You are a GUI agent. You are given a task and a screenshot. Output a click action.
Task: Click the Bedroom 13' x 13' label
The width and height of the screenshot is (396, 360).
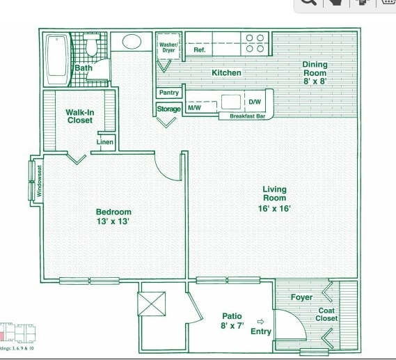click(x=113, y=217)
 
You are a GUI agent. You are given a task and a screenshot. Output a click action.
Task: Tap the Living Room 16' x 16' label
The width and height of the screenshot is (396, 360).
click(x=274, y=198)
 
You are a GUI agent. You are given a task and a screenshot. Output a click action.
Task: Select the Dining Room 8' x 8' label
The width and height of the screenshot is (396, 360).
click(x=314, y=72)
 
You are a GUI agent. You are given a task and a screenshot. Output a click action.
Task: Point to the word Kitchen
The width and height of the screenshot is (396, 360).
click(x=226, y=72)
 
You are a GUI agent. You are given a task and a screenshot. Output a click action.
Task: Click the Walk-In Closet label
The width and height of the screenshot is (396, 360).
click(x=80, y=116)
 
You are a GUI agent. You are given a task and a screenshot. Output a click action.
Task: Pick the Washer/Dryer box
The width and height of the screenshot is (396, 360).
click(x=168, y=47)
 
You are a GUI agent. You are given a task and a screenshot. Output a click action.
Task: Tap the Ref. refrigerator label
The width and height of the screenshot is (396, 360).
click(x=199, y=50)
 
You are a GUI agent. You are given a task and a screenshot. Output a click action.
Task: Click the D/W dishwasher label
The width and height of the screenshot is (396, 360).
click(x=255, y=102)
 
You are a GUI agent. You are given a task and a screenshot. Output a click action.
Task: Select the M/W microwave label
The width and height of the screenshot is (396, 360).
click(x=193, y=108)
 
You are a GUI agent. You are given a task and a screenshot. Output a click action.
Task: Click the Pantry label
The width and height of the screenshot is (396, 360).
click(x=169, y=93)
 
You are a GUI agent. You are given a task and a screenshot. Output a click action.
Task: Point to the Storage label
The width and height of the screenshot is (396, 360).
click(x=168, y=109)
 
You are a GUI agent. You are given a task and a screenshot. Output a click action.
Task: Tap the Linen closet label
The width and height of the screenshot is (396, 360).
click(x=105, y=142)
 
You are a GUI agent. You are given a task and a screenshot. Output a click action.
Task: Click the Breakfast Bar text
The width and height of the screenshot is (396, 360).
click(x=248, y=116)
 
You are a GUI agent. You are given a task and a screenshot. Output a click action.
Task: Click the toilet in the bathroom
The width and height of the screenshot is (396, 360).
click(x=92, y=45)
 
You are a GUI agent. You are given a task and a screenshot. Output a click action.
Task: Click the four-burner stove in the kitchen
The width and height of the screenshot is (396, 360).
click(x=255, y=43)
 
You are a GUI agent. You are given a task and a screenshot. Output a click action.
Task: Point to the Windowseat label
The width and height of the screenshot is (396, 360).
click(x=40, y=180)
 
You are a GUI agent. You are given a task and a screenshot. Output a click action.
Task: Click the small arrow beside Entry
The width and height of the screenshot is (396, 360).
click(x=261, y=322)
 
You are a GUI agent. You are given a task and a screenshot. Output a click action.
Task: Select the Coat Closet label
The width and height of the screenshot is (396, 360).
click(x=328, y=315)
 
